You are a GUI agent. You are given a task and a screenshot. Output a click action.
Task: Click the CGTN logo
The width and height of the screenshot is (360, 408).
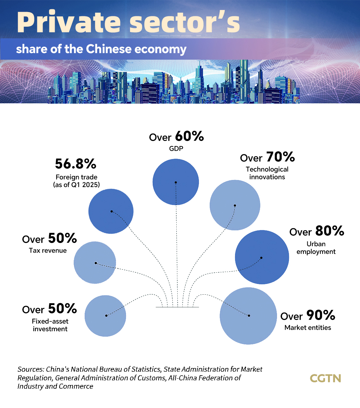click(325, 378)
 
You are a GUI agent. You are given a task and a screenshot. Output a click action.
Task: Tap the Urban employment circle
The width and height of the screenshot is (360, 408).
click(262, 257)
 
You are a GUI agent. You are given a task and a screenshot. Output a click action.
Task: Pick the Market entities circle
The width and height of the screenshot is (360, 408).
click(248, 316)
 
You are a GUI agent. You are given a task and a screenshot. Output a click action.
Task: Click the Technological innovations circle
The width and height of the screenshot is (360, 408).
click(235, 205)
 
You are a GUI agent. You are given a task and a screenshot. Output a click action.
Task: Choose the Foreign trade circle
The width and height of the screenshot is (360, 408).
click(111, 211)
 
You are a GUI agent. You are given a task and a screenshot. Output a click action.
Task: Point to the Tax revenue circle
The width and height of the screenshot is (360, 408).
click(95, 263)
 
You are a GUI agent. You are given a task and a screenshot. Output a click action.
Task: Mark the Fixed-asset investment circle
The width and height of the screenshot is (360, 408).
click(105, 316)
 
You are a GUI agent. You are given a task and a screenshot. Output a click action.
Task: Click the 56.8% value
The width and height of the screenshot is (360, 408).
click(76, 164)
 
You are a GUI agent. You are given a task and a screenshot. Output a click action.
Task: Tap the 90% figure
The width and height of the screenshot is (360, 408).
click(321, 315)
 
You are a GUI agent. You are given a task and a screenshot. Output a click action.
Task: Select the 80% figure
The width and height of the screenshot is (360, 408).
click(330, 231)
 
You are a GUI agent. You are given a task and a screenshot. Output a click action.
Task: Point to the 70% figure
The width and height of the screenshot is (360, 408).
click(280, 157)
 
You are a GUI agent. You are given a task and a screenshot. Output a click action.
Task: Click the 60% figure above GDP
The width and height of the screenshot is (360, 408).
click(189, 136)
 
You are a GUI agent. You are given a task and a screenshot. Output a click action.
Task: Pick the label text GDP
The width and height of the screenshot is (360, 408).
click(176, 149)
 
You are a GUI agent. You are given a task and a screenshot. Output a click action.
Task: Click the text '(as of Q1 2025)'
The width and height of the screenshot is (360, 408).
click(76, 185)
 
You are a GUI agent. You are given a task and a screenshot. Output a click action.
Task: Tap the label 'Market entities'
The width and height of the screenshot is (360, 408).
click(308, 328)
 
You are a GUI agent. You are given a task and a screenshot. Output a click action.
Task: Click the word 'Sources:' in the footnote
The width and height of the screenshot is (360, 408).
click(31, 369)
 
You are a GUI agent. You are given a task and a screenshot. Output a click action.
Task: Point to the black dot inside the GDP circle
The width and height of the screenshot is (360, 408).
click(176, 182)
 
